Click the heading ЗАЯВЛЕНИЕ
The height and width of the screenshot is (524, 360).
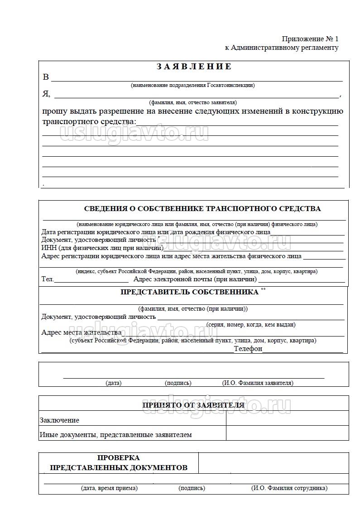[194, 67]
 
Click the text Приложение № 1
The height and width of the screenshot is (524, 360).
[310, 39]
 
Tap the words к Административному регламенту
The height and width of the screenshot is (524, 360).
[282, 48]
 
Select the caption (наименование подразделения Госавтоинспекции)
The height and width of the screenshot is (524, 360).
[192, 85]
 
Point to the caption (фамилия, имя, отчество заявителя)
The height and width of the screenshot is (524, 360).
[192, 102]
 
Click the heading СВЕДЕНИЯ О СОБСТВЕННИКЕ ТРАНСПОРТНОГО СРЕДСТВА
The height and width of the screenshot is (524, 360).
[202, 209]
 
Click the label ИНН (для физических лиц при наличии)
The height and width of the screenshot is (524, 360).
[102, 248]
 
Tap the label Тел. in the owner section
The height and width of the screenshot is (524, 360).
[48, 279]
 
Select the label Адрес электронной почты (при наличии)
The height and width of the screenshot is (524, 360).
[195, 279]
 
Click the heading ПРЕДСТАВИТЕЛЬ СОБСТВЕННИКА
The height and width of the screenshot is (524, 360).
[189, 292]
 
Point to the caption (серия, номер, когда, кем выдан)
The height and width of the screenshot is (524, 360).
[251, 325]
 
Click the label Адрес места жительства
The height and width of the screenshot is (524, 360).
[82, 332]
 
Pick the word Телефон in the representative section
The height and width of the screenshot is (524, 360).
[248, 349]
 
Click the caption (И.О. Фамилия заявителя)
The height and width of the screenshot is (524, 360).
[258, 383]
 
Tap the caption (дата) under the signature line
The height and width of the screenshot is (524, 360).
[113, 383]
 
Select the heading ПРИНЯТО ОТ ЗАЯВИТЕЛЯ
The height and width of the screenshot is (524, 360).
[193, 405]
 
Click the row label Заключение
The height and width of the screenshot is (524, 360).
[59, 420]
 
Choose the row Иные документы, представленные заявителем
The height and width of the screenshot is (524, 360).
[115, 435]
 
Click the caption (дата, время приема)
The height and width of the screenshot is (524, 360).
[109, 488]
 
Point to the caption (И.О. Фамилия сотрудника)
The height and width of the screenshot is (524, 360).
[289, 488]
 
